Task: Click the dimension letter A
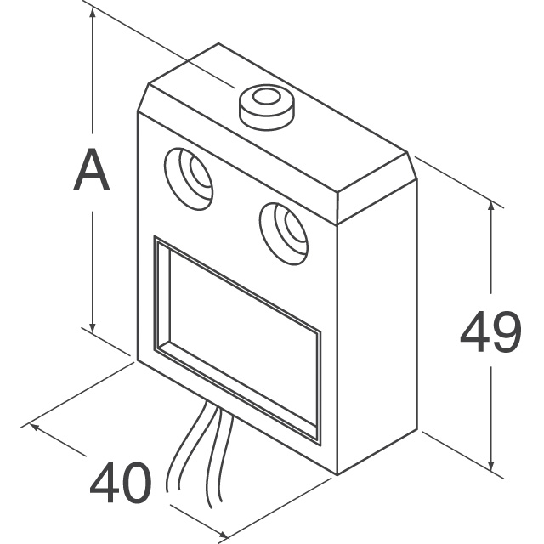click(x=92, y=170)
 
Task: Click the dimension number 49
click(x=490, y=331)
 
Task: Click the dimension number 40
click(x=121, y=482)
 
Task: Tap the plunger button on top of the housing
click(x=266, y=107)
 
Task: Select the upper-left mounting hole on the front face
click(x=188, y=178)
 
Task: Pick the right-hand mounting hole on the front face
click(x=283, y=234)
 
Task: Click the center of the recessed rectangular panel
click(x=237, y=340)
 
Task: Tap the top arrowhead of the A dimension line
click(x=93, y=14)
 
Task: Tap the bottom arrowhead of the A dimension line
click(x=93, y=326)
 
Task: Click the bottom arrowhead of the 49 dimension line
click(x=490, y=465)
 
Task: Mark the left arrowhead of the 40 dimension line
click(x=35, y=426)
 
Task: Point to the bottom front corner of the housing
click(x=337, y=474)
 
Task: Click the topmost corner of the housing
click(x=218, y=43)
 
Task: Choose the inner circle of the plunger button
click(x=266, y=97)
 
